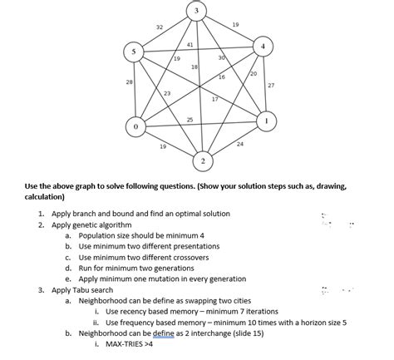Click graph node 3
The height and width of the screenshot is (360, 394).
click(x=195, y=11)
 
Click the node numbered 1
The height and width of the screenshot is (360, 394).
click(x=267, y=121)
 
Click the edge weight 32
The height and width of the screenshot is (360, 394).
click(x=160, y=28)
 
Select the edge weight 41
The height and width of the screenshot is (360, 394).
click(x=190, y=44)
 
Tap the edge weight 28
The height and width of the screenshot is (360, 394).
click(x=129, y=82)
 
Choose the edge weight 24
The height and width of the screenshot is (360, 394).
click(x=240, y=145)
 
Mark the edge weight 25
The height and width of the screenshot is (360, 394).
click(x=190, y=121)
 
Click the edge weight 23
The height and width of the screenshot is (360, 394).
click(x=167, y=93)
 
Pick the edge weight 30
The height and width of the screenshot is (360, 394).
click(x=221, y=57)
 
